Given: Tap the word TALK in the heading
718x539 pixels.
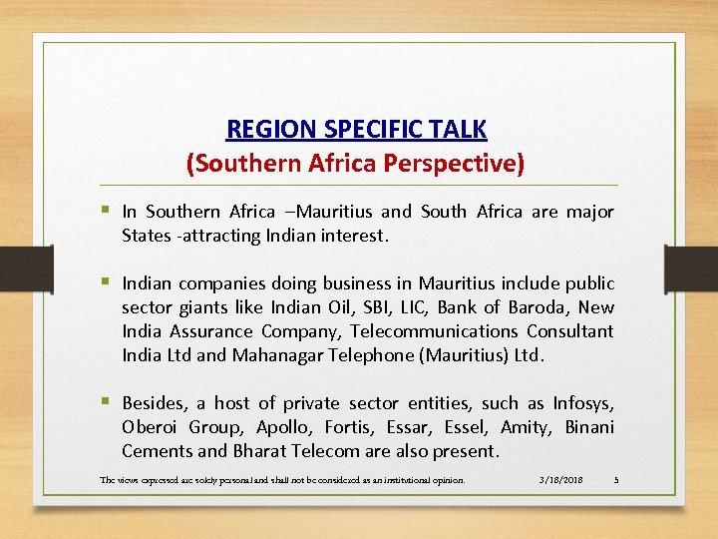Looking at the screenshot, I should point(458,130).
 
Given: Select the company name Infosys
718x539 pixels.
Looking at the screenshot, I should point(583,403).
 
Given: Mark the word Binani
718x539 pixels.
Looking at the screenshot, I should point(589,427).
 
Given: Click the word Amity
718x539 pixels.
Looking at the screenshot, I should point(526,427).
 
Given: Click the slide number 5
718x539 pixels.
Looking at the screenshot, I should point(616,480).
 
